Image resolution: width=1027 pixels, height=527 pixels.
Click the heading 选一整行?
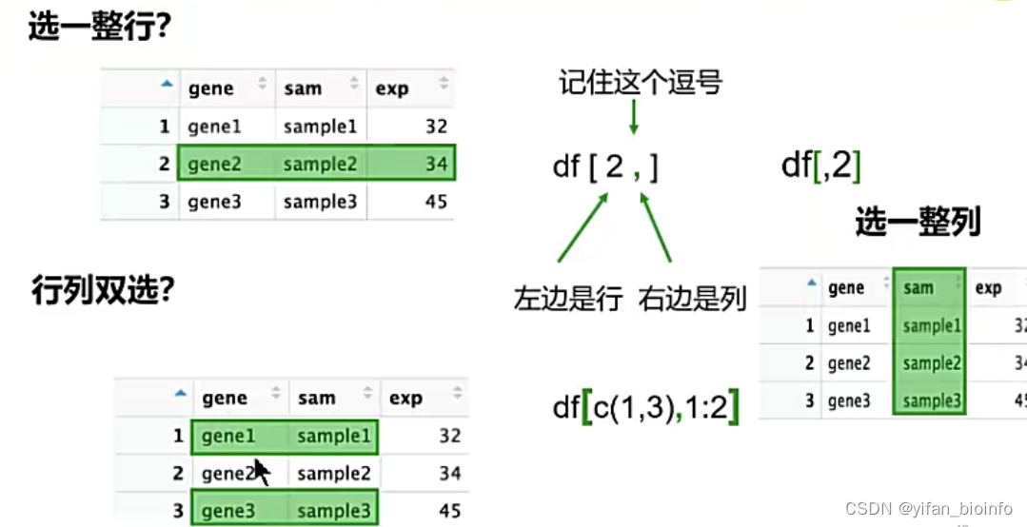coord(99,28)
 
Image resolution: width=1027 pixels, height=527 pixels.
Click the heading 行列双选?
coord(102,290)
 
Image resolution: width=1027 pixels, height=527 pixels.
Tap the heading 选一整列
coord(918,223)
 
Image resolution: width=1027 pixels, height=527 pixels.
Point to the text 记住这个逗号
coord(641,83)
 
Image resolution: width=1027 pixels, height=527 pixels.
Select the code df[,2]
coord(820,166)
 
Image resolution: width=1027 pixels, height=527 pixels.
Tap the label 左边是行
coord(568,299)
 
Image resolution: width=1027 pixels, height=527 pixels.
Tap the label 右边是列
coord(692,299)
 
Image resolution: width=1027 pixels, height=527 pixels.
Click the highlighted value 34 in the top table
coord(436,164)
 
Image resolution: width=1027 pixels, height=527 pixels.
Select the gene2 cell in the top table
coord(214,164)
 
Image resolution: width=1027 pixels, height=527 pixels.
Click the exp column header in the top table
coord(392,88)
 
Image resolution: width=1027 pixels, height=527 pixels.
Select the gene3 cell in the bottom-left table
coord(228,511)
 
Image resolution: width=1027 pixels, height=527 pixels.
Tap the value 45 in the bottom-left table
coord(449,511)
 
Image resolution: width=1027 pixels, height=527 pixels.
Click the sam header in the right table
coord(918,288)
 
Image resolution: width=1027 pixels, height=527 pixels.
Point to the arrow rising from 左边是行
coord(582,228)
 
